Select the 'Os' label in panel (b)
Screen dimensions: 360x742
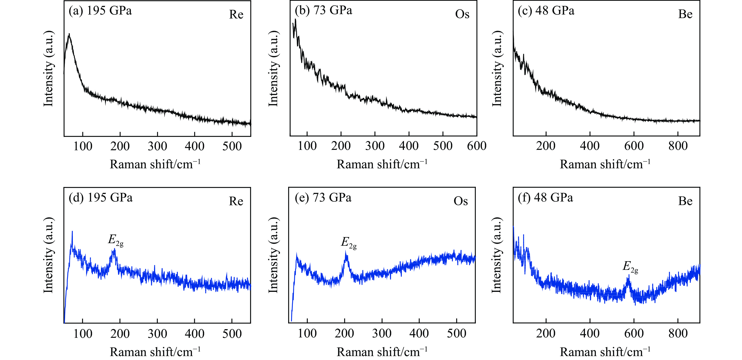click(462, 14)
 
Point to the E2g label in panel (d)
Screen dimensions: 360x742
click(115, 240)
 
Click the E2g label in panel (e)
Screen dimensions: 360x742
click(349, 243)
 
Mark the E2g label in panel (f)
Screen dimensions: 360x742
click(630, 267)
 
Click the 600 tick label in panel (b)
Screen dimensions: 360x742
click(476, 146)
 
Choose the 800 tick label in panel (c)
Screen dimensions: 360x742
click(678, 146)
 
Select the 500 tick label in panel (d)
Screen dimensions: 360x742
click(232, 334)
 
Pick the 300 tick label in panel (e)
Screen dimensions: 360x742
click(382, 334)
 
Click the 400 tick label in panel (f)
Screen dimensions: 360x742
click(590, 334)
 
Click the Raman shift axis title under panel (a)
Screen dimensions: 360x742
click(155, 164)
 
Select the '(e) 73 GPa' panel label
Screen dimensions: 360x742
click(323, 198)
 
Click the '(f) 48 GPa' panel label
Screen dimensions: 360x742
click(545, 198)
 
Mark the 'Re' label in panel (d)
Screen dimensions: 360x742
click(236, 201)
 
